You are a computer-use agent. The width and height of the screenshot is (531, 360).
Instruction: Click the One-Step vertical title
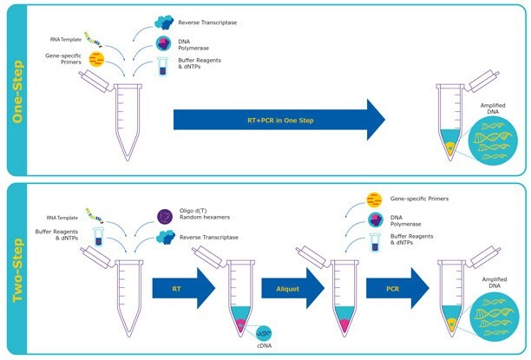click(15, 88)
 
